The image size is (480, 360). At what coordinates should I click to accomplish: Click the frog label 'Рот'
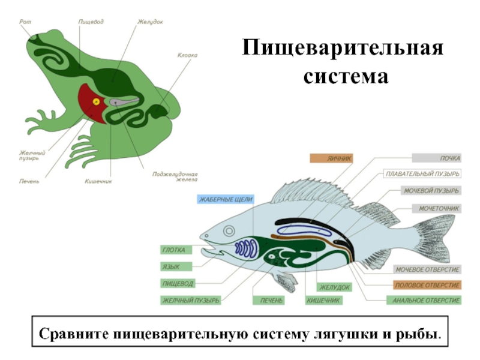(x=25, y=22)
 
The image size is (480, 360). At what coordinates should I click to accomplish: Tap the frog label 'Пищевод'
(x=91, y=22)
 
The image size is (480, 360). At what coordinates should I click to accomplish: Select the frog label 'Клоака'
(x=187, y=55)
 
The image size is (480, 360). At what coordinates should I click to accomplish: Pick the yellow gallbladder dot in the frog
(x=95, y=101)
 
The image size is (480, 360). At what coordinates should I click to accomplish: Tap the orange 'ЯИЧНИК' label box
(x=331, y=158)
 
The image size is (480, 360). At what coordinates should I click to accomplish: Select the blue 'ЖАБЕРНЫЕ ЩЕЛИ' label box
(x=226, y=199)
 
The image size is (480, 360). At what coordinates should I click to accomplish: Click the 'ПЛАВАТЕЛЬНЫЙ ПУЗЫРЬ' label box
(x=422, y=174)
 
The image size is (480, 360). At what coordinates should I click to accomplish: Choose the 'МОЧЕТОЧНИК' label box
(x=436, y=208)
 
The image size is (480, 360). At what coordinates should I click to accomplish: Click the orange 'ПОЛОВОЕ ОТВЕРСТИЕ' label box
(x=427, y=284)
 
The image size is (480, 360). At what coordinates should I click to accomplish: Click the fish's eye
(x=228, y=232)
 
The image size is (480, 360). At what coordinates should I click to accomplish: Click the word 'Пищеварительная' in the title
(x=343, y=48)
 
